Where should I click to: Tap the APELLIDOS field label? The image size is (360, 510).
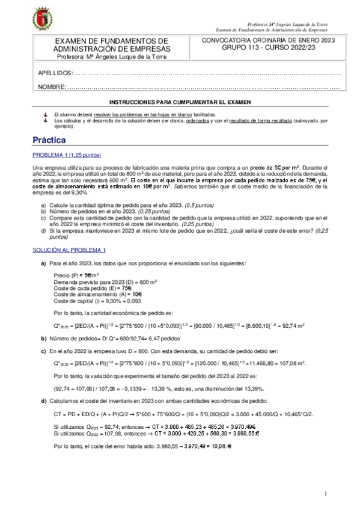55,73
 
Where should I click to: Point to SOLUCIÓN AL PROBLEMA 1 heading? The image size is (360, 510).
69,250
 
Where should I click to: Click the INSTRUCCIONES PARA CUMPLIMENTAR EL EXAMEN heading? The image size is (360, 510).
180,103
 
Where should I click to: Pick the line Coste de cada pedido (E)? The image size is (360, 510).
85,287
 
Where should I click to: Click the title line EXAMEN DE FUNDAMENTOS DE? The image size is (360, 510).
111,40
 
